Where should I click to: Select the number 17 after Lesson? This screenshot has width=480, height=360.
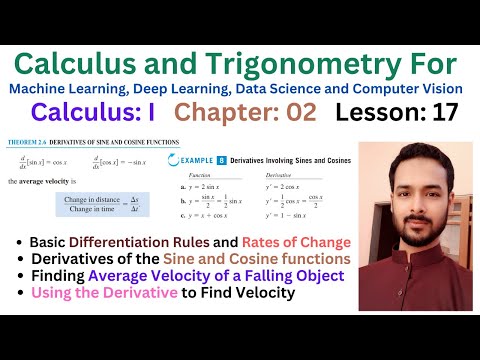click(x=441, y=112)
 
